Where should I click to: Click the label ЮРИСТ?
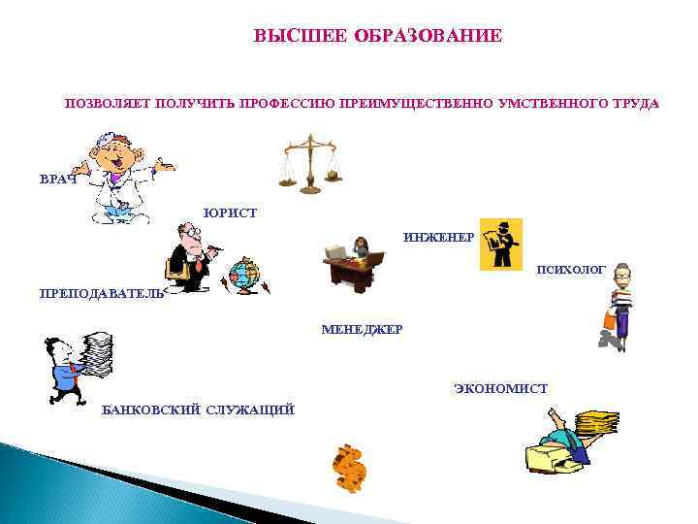(x=230, y=213)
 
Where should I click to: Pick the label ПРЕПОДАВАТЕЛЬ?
(x=101, y=293)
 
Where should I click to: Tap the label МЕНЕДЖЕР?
(x=362, y=330)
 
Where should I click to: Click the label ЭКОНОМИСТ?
(x=499, y=389)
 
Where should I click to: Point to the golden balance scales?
(x=311, y=162)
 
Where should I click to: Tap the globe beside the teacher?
(x=243, y=276)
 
